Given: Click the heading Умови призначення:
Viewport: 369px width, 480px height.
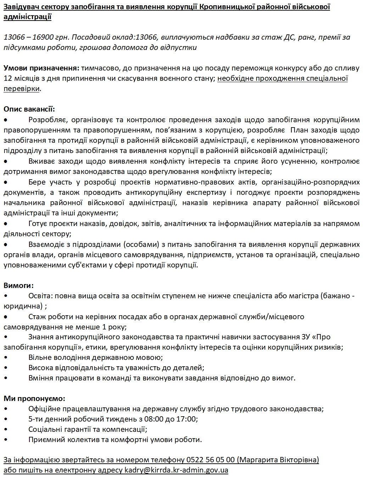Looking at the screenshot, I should point(41,68).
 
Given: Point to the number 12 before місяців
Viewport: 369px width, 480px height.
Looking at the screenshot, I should point(8,78).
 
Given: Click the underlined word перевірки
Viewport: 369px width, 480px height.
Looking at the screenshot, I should point(21,89).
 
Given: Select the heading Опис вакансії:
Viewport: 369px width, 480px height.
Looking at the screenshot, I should point(29,109).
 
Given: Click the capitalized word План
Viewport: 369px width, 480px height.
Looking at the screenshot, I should point(299,130).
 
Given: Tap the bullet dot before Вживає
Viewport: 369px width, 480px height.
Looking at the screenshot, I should point(6,162).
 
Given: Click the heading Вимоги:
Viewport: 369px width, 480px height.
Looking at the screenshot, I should point(18,286).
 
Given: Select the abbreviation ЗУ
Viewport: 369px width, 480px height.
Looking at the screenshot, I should point(306,337).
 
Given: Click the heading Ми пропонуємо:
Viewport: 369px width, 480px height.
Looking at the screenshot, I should point(34,399).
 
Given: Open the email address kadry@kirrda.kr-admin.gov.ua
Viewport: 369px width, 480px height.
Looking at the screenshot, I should point(176,470).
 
